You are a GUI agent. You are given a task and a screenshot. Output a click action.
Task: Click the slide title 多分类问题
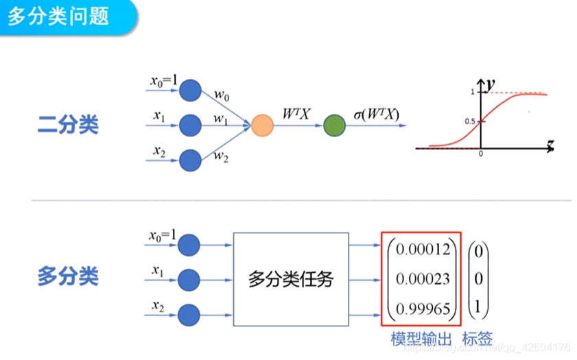point(58,14)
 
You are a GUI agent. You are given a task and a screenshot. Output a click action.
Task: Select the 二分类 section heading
point(68,125)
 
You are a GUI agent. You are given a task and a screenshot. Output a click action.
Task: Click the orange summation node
point(262,125)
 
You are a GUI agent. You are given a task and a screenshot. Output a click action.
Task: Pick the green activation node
point(334,125)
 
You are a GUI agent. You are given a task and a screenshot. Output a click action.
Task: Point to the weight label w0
point(221,95)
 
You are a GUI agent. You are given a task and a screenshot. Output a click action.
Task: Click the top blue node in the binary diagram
point(189,90)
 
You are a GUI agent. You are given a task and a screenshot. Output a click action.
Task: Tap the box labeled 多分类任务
point(290,279)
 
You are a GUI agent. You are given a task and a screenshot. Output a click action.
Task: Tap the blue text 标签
point(477,339)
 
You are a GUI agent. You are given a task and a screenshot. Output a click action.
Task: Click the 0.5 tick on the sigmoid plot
point(470,121)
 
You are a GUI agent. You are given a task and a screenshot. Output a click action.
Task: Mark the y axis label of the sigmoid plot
point(490,84)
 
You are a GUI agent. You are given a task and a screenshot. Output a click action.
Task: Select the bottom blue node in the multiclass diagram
point(188,315)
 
